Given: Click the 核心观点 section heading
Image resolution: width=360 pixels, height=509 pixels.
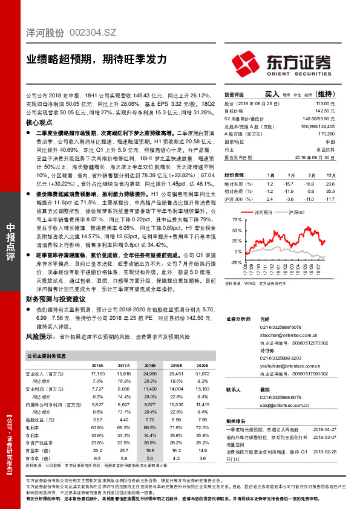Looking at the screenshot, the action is coord(40,122).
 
